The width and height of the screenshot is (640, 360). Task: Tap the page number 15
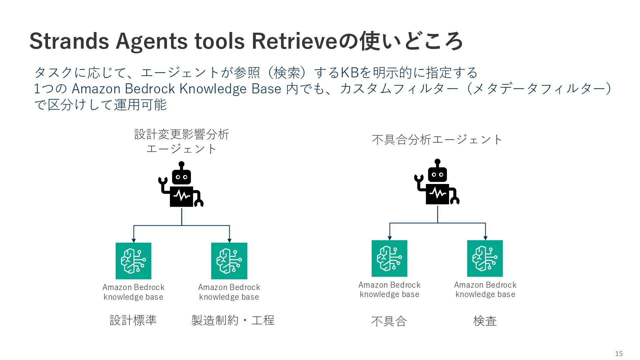[x=619, y=354]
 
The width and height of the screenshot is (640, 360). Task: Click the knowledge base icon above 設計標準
[x=133, y=261]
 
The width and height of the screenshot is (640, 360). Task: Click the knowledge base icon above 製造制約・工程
[x=229, y=261]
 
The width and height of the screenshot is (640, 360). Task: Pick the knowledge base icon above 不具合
[x=389, y=258]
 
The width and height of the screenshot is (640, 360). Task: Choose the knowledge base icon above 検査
[x=485, y=258]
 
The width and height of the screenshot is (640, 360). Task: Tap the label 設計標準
[x=133, y=320]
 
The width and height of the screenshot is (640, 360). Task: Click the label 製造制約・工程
[x=233, y=320]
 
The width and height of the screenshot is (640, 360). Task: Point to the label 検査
[x=485, y=321]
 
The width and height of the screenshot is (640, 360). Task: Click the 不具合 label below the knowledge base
[x=389, y=321]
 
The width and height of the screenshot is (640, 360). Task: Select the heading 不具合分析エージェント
[x=437, y=140]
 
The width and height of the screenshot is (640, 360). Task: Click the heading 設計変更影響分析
[x=182, y=134]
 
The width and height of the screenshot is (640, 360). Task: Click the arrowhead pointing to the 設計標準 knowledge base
[x=134, y=240]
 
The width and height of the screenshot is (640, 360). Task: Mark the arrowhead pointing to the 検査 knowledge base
[x=485, y=238]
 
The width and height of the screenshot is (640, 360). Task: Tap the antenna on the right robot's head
[x=437, y=162]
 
